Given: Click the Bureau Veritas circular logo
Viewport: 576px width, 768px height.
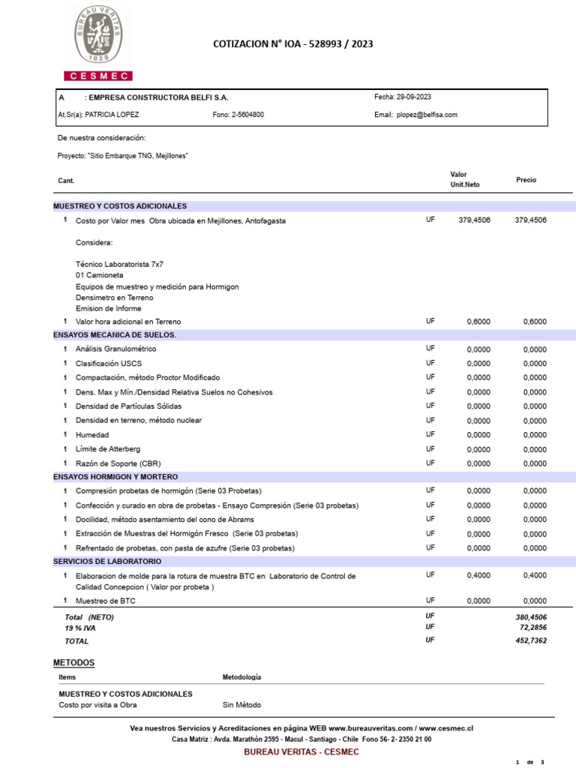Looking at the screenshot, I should coord(98,35).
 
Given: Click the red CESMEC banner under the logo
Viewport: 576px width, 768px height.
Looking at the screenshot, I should coord(98,76).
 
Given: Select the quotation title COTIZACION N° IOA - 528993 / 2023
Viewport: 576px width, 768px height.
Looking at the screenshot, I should coord(293,44).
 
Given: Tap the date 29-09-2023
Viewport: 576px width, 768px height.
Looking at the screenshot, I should coord(413,97).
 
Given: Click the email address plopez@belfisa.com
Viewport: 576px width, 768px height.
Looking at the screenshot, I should coord(427,115).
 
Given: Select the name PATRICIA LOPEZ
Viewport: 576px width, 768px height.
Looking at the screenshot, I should coord(112,115).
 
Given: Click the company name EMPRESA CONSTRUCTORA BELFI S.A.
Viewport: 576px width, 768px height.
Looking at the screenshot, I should coord(158,97).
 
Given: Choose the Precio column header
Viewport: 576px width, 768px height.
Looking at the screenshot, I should coord(526,180).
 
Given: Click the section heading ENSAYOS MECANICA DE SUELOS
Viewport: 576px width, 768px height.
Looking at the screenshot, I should coord(115,334).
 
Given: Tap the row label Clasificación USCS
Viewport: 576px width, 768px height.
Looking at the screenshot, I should coord(109,363).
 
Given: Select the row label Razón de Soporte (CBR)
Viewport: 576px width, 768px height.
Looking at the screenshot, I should coord(118,463).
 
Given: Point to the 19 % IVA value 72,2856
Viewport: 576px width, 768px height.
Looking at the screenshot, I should coord(531,626).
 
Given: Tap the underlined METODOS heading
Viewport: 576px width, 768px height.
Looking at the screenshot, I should coord(73,663).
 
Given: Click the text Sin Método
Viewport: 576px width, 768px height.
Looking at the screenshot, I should coord(242,705).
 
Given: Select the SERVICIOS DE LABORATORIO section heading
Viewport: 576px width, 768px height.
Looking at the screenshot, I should coord(107,561).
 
